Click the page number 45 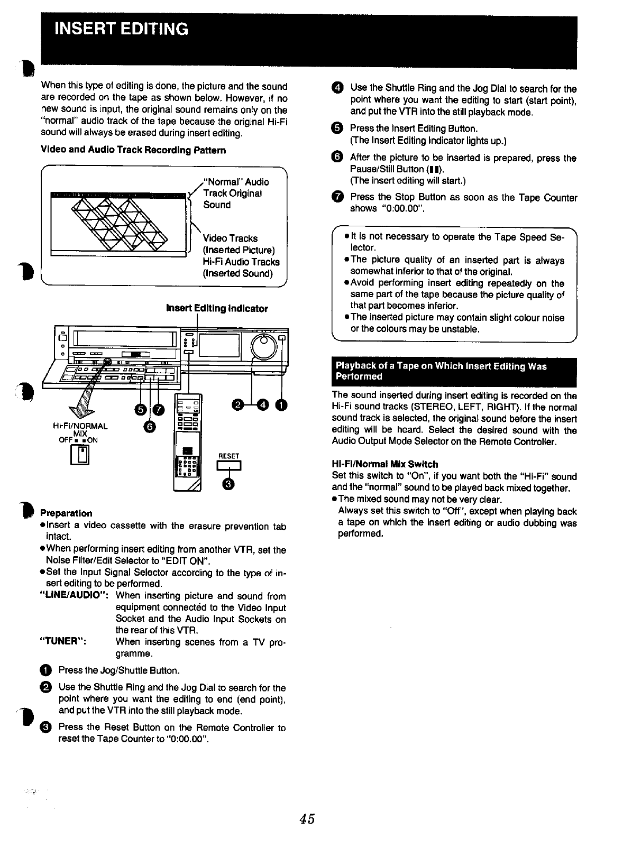[307, 819]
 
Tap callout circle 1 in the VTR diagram [281, 405]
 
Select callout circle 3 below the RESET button [228, 483]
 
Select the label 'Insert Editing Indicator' [217, 308]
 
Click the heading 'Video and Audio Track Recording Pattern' [133, 150]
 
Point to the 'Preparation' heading [66, 513]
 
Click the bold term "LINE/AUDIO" [74, 596]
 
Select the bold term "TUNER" [63, 642]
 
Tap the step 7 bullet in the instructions [338, 198]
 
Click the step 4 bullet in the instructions [338, 88]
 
